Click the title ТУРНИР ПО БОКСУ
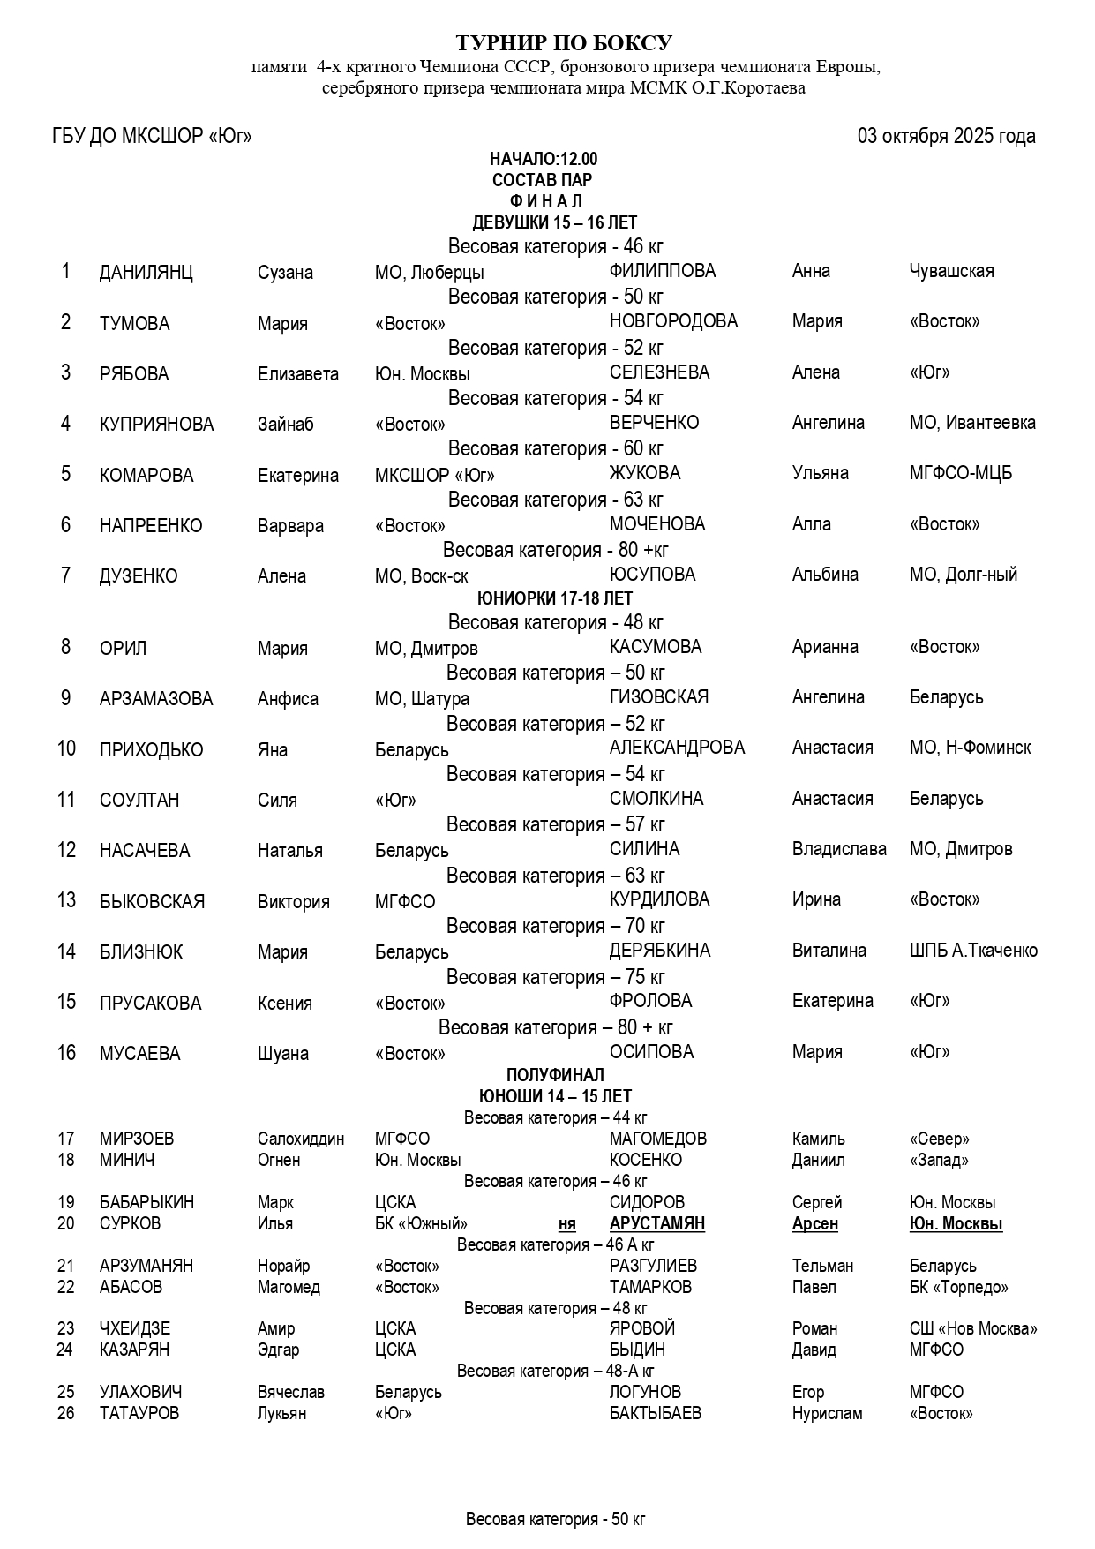[x=564, y=43]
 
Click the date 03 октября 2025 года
[x=946, y=136]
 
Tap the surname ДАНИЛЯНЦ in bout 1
[x=146, y=272]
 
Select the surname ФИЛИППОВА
[x=662, y=271]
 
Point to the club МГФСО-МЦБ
[x=960, y=473]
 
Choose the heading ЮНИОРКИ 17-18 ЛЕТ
[x=555, y=598]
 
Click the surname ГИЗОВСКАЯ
[x=658, y=697]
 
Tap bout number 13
[x=66, y=900]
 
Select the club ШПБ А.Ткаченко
[x=972, y=951]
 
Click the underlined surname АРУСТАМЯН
[x=656, y=1223]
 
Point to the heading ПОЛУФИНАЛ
[x=555, y=1075]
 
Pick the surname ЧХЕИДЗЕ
[x=134, y=1328]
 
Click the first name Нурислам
[x=827, y=1413]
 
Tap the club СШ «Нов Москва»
[x=972, y=1328]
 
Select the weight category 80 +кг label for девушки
[x=555, y=550]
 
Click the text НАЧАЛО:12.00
[x=544, y=159]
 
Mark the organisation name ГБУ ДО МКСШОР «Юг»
[x=152, y=136]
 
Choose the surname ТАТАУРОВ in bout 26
[x=139, y=1413]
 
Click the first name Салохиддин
[x=300, y=1139]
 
